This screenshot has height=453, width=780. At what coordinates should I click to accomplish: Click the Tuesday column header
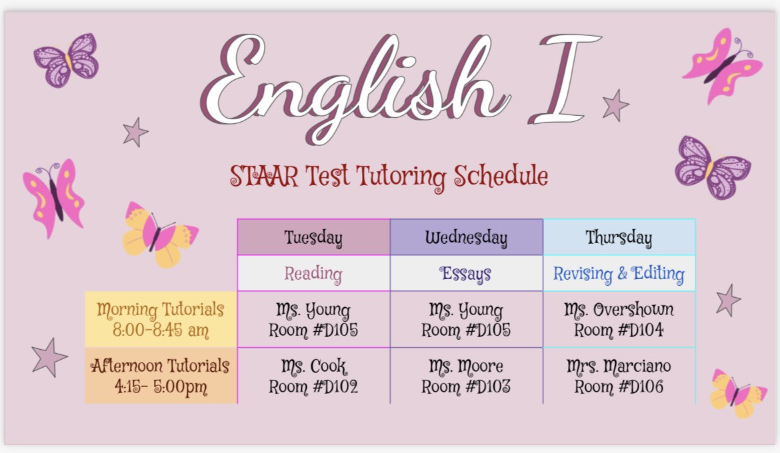[x=313, y=237]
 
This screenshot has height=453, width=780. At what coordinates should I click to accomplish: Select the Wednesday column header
[x=466, y=237]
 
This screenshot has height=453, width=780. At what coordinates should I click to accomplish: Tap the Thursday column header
[x=619, y=237]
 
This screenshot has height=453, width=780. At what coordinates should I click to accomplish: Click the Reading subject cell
[x=313, y=273]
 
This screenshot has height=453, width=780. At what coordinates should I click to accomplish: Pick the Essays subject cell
[x=466, y=273]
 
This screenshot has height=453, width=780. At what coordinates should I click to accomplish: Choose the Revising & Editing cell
[x=619, y=273]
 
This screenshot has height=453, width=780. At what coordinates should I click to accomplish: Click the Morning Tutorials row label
[x=161, y=319]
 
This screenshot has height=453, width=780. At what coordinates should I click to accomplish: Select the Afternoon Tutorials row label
[x=161, y=376]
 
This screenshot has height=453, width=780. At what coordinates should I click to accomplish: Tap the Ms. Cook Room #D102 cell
[x=313, y=376]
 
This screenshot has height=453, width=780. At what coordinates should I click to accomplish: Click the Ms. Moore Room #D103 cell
[x=466, y=376]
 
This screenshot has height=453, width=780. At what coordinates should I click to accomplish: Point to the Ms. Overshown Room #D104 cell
[x=619, y=319]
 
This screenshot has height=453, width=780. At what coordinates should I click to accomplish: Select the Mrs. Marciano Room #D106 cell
[x=619, y=376]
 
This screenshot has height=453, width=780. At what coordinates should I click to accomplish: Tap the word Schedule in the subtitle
[x=501, y=176]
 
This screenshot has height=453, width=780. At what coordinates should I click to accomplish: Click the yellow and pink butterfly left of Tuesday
[x=159, y=234]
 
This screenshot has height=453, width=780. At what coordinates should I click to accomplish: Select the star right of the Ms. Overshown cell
[x=727, y=300]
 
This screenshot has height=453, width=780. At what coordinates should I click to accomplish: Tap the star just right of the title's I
[x=615, y=105]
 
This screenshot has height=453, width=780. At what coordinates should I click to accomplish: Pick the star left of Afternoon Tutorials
[x=49, y=357]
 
